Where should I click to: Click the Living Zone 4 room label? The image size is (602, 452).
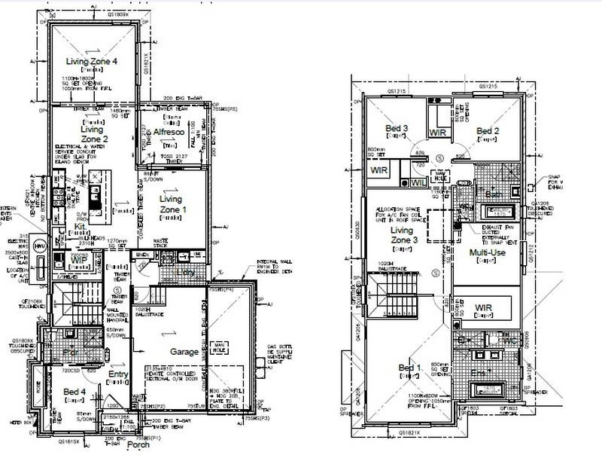coord(92,61)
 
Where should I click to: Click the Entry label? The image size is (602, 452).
coord(119,374)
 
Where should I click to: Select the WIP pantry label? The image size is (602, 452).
coord(80,260)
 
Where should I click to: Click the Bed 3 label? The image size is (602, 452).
coord(397,129)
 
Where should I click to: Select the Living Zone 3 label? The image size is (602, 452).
coord(403,235)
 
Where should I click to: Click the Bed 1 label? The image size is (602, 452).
coord(410,368)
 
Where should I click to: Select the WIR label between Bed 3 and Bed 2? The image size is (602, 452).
coord(439,132)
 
